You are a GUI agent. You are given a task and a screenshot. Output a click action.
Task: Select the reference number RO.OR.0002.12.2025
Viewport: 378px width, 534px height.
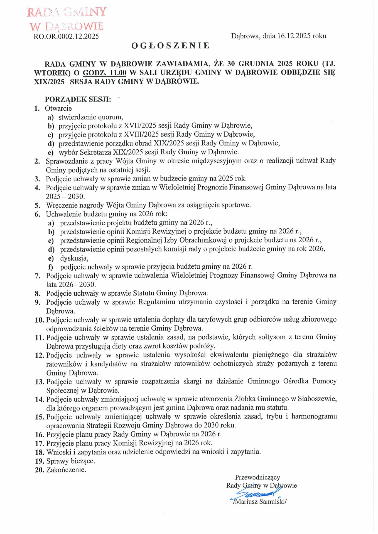pyautogui.click(x=66, y=36)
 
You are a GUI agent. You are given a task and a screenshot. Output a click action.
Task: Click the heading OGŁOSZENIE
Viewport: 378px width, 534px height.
pyautogui.click(x=170, y=46)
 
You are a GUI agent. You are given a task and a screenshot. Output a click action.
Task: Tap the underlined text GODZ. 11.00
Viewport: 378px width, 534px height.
pyautogui.click(x=105, y=73)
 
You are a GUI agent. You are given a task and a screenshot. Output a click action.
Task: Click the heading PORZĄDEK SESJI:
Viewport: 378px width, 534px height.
pyautogui.click(x=78, y=99)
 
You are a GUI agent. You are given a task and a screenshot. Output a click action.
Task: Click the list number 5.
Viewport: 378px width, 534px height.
pyautogui.click(x=37, y=206)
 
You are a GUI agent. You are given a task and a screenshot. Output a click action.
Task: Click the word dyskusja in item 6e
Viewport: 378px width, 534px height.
pyautogui.click(x=74, y=258)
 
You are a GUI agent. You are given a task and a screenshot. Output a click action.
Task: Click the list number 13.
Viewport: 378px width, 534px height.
pyautogui.click(x=40, y=382)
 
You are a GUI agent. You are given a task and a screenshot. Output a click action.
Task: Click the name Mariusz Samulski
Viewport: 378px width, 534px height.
pyautogui.click(x=260, y=501)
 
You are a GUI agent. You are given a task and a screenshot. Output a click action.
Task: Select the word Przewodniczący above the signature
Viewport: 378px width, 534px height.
pyautogui.click(x=257, y=478)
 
